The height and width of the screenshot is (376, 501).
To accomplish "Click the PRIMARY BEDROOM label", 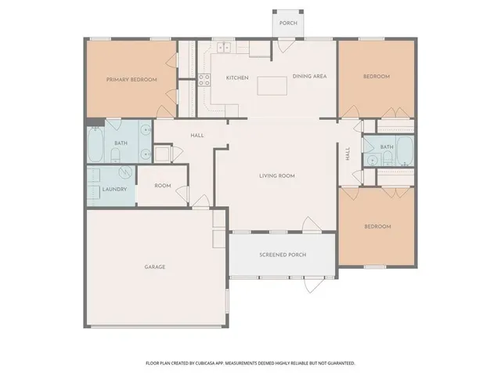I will (x=132, y=79).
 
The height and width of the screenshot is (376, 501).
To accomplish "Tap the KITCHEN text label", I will (x=237, y=78).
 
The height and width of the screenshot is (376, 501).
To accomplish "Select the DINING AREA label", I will (x=309, y=76).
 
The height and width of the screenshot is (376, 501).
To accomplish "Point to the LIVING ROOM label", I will (x=277, y=176).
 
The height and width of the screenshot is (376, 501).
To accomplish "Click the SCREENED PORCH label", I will (x=283, y=255).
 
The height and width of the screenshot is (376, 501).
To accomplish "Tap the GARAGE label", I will (x=154, y=266).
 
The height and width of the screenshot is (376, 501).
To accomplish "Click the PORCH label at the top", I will (x=288, y=23).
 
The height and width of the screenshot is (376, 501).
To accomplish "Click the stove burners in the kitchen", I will (x=204, y=78).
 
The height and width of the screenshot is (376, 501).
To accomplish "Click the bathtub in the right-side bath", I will (x=405, y=148).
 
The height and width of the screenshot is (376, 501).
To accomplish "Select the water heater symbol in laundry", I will (x=94, y=175).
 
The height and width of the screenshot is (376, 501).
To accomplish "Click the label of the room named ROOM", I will (x=162, y=186).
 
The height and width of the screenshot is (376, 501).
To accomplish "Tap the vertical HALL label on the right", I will (x=348, y=154).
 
